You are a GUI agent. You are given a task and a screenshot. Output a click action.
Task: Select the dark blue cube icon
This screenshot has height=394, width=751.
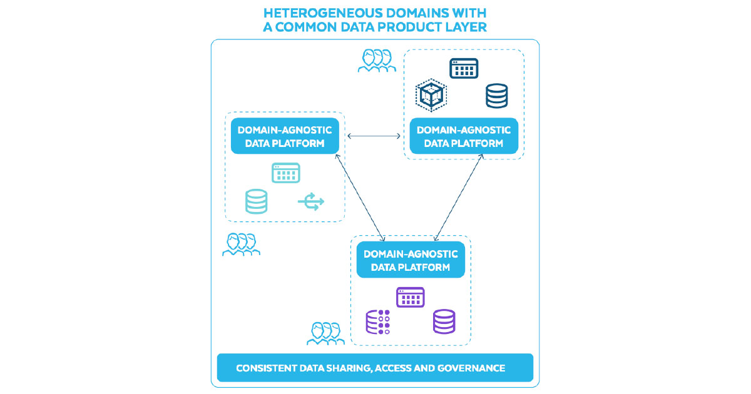431,95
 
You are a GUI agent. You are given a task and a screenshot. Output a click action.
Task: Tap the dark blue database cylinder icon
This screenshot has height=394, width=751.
496,96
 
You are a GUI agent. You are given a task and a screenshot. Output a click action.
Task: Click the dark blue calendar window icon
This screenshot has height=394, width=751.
464,68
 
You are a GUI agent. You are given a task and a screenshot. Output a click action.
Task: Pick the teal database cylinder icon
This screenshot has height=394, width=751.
256,202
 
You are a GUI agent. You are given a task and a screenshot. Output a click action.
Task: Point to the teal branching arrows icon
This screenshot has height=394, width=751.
311,202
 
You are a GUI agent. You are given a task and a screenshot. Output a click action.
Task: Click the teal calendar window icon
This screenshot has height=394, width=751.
285,173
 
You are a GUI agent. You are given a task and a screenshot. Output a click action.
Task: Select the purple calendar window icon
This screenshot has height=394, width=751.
411,297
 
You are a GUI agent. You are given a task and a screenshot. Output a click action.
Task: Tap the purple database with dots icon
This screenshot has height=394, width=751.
377,321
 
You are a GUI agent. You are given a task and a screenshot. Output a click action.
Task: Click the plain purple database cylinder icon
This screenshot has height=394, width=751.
444,321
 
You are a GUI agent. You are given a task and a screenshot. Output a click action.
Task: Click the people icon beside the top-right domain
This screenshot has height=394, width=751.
376,61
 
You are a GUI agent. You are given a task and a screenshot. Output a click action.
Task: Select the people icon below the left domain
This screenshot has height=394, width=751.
241,244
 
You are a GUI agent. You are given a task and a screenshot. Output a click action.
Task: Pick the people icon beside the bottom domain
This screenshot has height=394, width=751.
325,333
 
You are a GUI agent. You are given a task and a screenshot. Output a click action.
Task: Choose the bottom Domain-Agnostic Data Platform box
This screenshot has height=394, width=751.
411,260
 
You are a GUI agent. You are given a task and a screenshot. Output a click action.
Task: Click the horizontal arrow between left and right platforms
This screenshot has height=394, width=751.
374,136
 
